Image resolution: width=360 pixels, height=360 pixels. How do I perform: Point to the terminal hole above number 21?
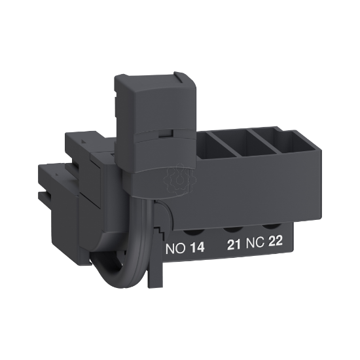(x=231, y=229)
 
